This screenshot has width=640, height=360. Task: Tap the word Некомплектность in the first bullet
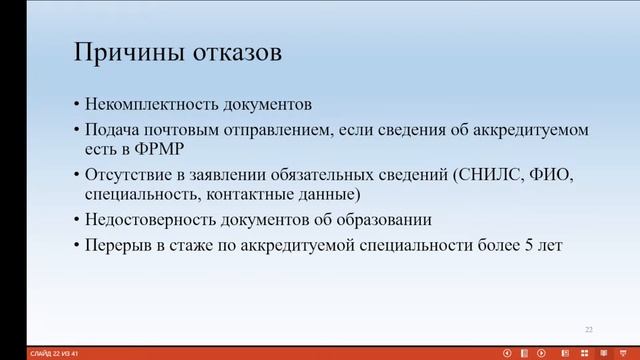coord(143,104)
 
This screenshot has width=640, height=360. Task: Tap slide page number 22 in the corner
coord(588,328)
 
